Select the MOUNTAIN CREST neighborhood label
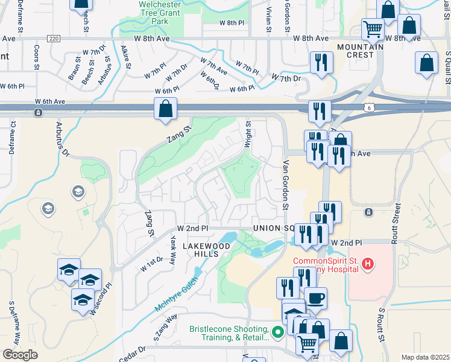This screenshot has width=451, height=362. coord(361,51)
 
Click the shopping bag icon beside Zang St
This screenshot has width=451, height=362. coord(165,109)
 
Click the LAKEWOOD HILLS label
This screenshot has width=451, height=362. coord(206,250)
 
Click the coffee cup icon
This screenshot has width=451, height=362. coord(315,297)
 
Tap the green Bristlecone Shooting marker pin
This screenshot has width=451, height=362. coord(277,332)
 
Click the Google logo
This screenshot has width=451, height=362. coord(20,355)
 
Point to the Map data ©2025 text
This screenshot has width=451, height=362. coord(425,357)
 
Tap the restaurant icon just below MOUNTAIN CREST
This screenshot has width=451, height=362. coord(321,62)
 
